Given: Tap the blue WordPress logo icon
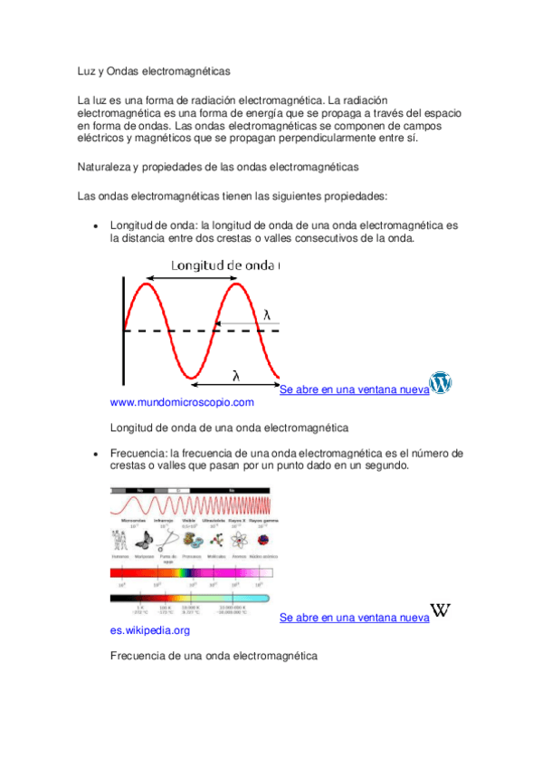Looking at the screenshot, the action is click(x=441, y=383).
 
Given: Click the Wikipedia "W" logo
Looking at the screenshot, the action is click(x=441, y=610).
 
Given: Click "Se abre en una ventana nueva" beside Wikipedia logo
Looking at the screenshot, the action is click(x=354, y=618).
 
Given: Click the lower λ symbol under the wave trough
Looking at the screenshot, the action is click(x=235, y=375).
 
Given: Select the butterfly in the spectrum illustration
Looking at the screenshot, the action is click(x=143, y=540).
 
